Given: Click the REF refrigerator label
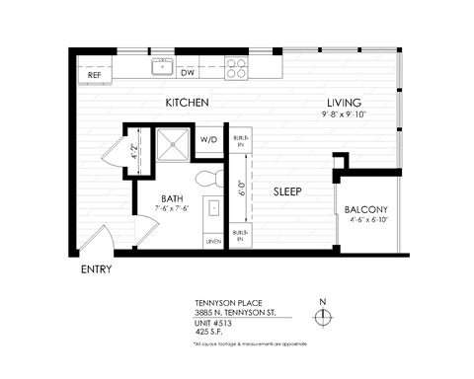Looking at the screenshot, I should point(94,74).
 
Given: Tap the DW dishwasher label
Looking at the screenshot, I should point(188,72).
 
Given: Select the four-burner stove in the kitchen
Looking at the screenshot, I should point(236,68).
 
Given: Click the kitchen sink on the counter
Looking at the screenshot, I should point(161,67).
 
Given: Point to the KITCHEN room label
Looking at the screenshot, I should point(186,103).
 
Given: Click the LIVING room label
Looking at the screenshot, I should point(345,103).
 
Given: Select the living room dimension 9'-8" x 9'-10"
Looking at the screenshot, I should point(344,115).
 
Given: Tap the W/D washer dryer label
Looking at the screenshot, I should point(209,140).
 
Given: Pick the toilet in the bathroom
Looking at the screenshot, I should point(208,178).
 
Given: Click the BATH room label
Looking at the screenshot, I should point(173,197).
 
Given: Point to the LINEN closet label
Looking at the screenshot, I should point(211,240).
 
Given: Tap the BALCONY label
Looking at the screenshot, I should point(368,209).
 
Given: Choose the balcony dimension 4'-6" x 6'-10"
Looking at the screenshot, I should point(368,221).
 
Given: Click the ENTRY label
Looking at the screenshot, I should point(96,269).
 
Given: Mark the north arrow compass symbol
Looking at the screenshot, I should point(323,315).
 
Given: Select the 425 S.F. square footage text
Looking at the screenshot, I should point(211,333).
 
